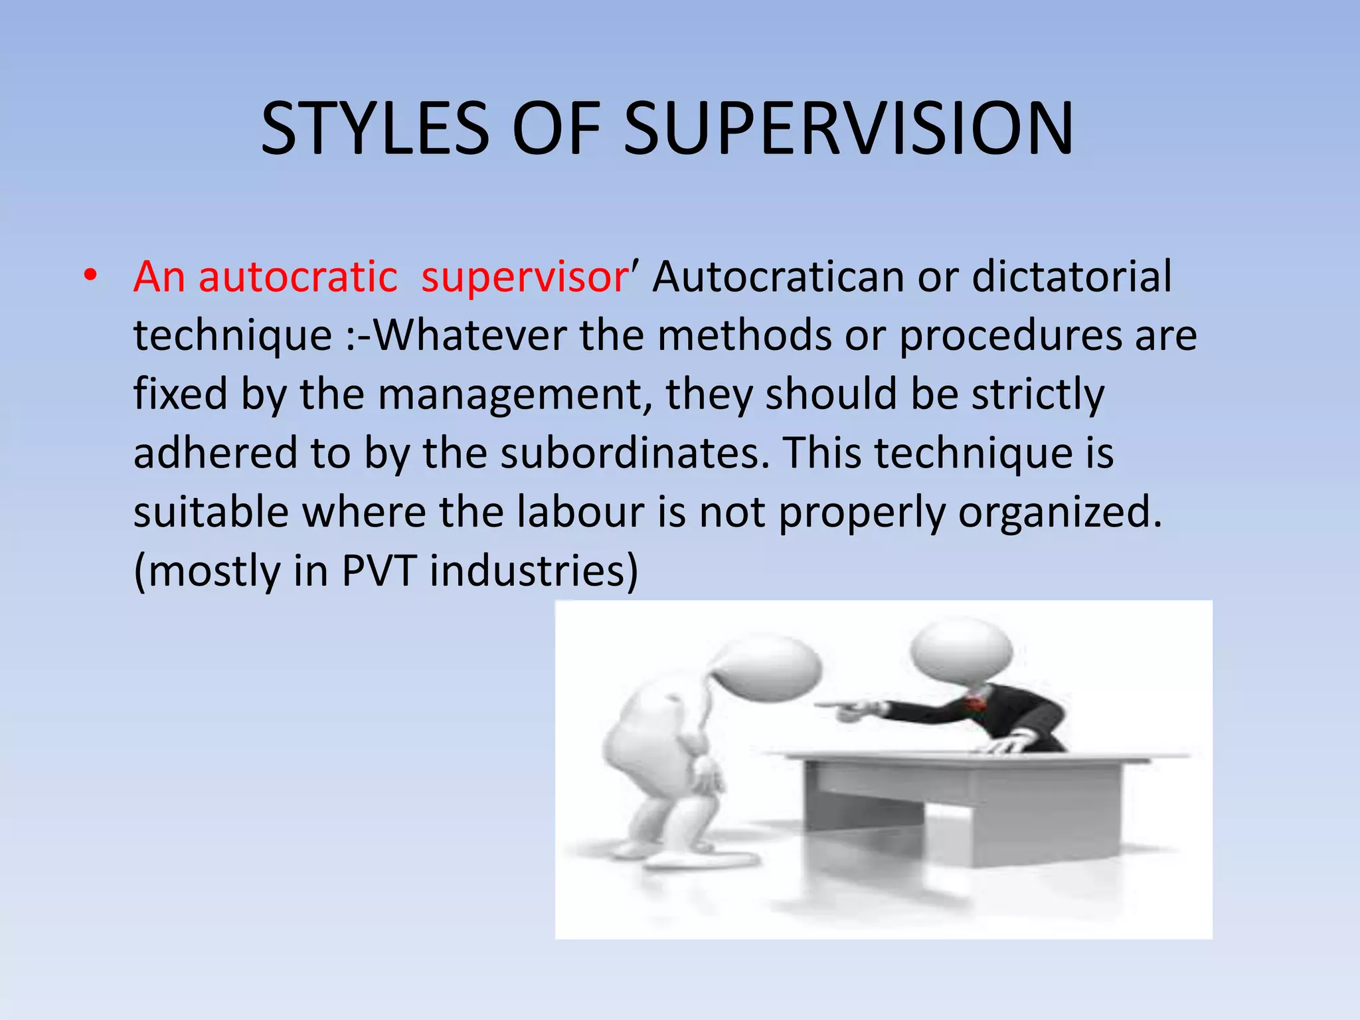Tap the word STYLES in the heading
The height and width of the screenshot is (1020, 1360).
click(x=375, y=129)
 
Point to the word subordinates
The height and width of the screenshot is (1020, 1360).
click(x=635, y=453)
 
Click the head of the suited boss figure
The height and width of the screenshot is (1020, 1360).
click(x=961, y=651)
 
